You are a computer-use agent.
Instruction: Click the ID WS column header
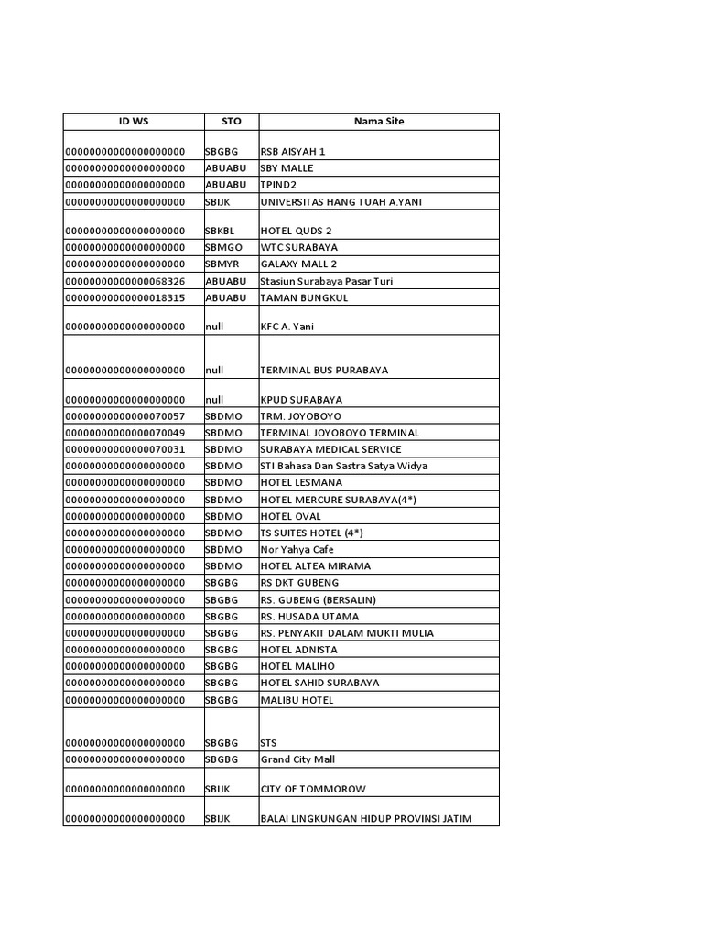click(x=133, y=121)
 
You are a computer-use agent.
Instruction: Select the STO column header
click(x=232, y=121)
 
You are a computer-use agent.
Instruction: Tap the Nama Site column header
click(x=379, y=121)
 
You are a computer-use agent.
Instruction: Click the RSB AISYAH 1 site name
click(x=293, y=152)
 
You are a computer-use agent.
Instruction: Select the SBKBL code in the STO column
click(x=222, y=231)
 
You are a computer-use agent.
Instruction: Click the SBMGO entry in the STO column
click(x=223, y=247)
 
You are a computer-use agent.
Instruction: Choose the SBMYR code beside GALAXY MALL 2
click(x=223, y=264)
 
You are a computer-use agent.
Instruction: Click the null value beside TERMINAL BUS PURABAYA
click(x=214, y=371)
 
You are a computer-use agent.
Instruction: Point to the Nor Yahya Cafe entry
click(x=297, y=550)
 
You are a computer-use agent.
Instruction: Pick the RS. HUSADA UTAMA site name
click(x=309, y=617)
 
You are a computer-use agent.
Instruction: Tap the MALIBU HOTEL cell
click(x=297, y=700)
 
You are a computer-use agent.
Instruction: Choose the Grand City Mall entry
click(x=298, y=759)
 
